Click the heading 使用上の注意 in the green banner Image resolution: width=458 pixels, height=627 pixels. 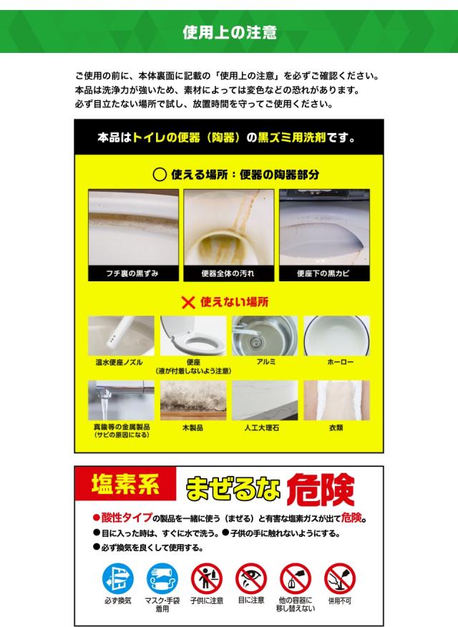(229, 32)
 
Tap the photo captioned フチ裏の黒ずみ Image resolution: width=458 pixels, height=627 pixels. (133, 228)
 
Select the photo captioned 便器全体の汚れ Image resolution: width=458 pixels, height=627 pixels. (228, 228)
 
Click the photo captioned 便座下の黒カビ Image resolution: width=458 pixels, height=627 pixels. (323, 228)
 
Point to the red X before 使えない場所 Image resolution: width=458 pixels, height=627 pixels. (187, 302)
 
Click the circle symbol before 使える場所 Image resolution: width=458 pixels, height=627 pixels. (160, 174)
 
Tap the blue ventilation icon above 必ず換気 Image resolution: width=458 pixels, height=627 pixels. (118, 576)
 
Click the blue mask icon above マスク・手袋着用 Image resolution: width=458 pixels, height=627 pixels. (162, 576)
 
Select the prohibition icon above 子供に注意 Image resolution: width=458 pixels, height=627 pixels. (207, 576)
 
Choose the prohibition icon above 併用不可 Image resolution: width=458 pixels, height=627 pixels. (340, 576)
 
